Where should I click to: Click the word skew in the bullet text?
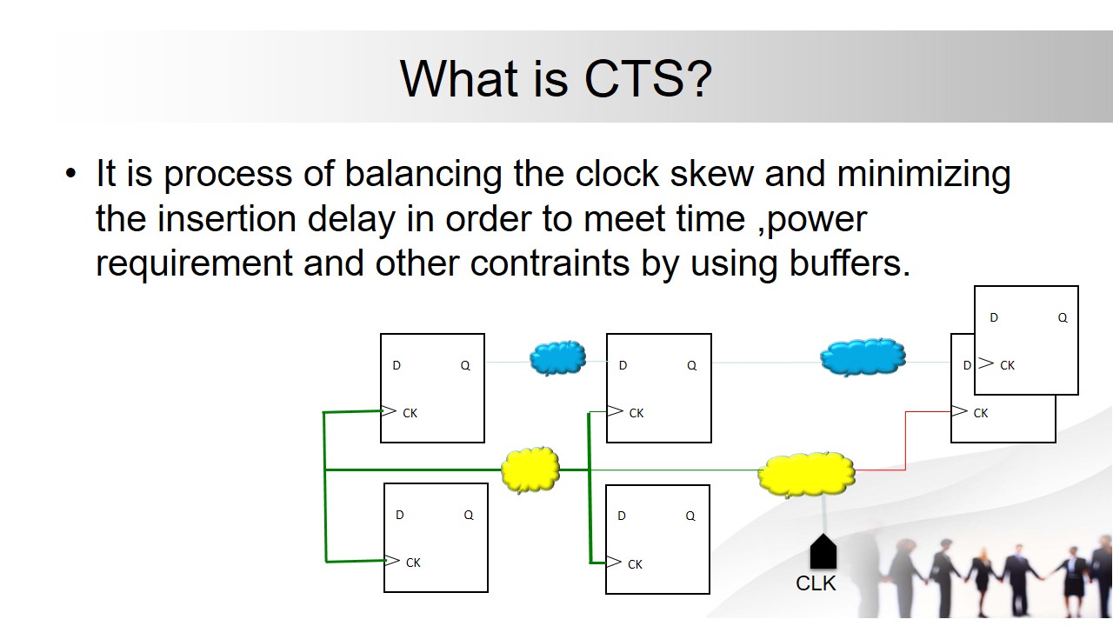pos(712,174)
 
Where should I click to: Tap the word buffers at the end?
pos(850,263)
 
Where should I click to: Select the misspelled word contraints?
pos(550,263)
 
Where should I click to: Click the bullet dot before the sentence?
pos(71,174)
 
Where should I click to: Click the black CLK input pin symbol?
pos(823,551)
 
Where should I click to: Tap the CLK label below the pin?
pos(816,583)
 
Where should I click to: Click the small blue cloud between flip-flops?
pos(557,357)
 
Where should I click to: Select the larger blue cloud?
pos(863,357)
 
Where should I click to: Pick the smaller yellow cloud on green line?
pos(530,469)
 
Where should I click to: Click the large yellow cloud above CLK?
pos(806,475)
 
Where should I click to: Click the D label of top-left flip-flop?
pos(397,366)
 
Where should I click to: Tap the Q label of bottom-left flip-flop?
pos(469,516)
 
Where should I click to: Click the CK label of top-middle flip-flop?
pos(636,413)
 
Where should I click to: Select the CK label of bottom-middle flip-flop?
pos(635,564)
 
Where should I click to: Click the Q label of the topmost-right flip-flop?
pos(1063,318)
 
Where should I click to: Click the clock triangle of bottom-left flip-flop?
pos(392,561)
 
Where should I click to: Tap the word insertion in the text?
pos(227,218)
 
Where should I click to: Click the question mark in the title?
pos(702,79)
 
